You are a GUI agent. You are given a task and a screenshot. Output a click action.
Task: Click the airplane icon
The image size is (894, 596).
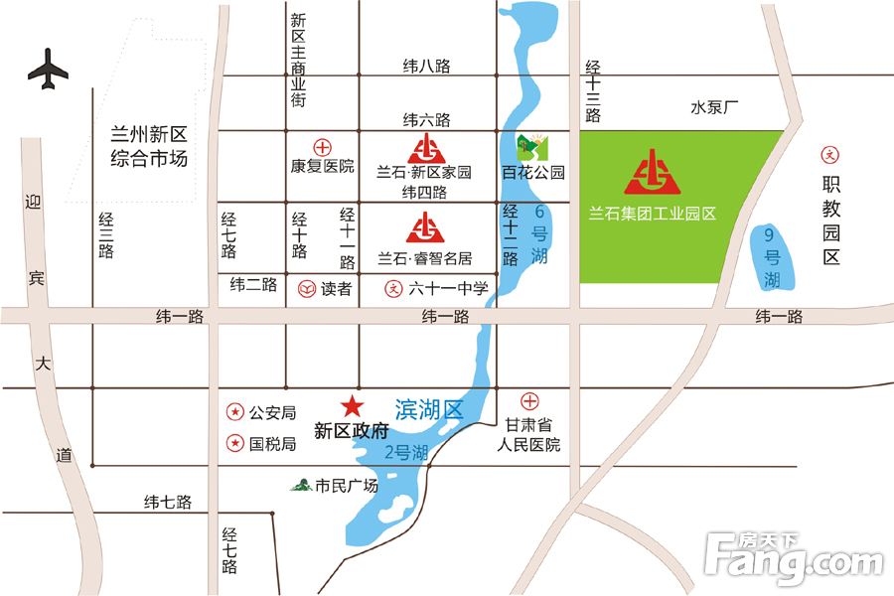[x=48, y=71]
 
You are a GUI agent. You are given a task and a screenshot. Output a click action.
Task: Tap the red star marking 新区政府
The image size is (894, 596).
[x=352, y=406]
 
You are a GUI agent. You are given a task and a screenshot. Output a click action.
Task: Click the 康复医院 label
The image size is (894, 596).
[x=322, y=166]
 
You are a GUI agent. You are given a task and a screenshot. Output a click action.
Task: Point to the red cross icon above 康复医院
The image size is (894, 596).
[x=322, y=145]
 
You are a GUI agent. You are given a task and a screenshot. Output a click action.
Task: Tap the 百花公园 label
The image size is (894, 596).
[x=533, y=172]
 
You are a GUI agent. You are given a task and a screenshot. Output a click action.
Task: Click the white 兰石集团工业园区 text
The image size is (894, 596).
[x=653, y=212]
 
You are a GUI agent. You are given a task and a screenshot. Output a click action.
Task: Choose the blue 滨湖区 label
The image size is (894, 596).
[x=429, y=408]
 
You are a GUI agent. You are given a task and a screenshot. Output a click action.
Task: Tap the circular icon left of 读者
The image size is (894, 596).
[x=306, y=290]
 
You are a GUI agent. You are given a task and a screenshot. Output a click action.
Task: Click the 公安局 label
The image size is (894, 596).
[x=273, y=411]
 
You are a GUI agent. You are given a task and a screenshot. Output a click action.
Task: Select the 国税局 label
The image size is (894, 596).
[x=273, y=444]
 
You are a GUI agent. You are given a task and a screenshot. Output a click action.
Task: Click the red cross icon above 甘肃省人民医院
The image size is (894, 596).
[x=530, y=401]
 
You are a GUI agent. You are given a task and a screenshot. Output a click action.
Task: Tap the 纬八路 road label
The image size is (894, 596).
[x=426, y=67]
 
